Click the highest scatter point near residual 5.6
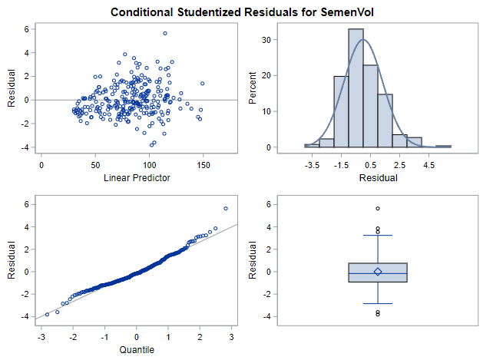click(x=165, y=33)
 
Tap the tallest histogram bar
click(x=356, y=88)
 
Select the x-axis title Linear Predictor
click(x=137, y=178)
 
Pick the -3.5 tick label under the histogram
click(x=313, y=164)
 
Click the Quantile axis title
click(x=137, y=350)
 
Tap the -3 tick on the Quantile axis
click(x=40, y=336)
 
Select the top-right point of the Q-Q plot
click(x=226, y=208)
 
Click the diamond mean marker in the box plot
click(x=378, y=272)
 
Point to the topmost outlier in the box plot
click(x=378, y=209)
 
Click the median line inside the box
click(x=378, y=273)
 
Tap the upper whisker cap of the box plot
click(x=378, y=236)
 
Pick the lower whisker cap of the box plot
click(x=378, y=303)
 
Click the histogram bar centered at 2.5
click(x=399, y=141)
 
